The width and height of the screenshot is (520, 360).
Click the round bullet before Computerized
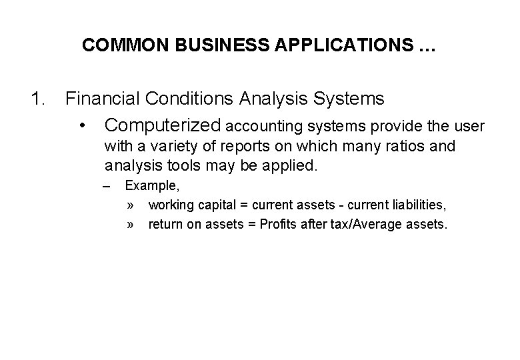[x=82, y=125]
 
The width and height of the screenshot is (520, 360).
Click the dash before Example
[x=109, y=185]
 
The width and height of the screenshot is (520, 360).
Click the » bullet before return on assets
[x=131, y=225]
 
